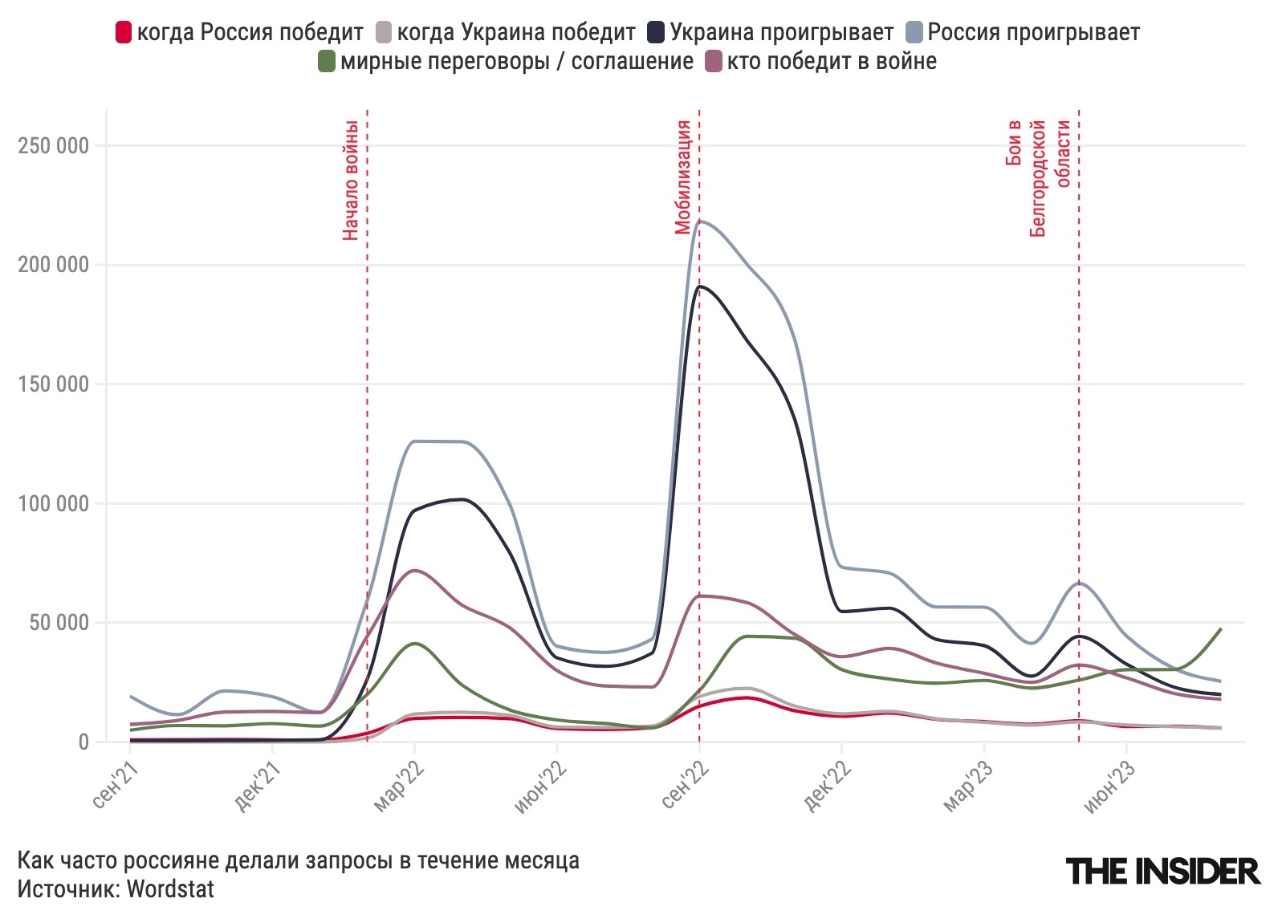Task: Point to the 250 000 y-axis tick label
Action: click(53, 146)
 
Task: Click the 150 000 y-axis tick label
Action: click(53, 384)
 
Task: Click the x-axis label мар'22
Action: click(400, 786)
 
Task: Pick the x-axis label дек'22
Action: click(827, 786)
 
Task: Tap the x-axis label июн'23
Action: click(1111, 786)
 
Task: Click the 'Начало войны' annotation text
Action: click(351, 180)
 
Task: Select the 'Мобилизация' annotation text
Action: click(683, 177)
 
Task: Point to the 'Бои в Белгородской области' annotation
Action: click(1038, 178)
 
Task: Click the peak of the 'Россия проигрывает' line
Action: click(701, 221)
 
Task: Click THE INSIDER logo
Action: click(1162, 871)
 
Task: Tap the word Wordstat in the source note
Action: click(170, 889)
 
